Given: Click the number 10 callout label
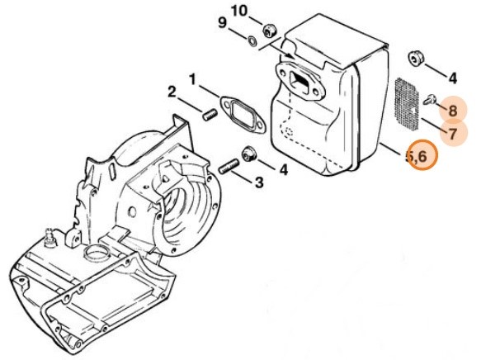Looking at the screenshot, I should click(x=238, y=11).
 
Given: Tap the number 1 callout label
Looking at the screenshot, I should click(x=192, y=80).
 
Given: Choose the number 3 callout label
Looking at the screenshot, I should click(x=259, y=182).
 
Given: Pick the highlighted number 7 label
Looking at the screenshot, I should click(x=453, y=132).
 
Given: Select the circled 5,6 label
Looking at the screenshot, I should click(x=422, y=156).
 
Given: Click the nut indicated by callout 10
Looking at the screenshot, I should click(x=268, y=31).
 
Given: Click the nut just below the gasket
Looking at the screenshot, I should click(x=248, y=154).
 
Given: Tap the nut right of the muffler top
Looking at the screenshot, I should click(x=417, y=59).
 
